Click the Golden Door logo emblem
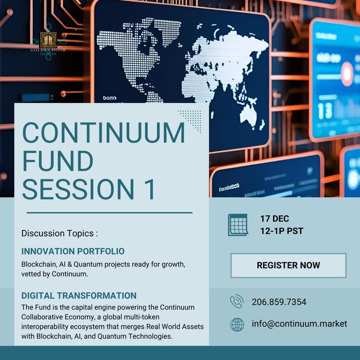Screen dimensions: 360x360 (48, 40)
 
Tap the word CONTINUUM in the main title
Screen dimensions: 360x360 (103, 133)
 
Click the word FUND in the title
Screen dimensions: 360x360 (58, 160)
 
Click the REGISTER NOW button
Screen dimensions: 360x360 (288, 265)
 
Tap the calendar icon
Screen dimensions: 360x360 (238, 225)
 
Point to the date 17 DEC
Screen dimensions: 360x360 (274, 219)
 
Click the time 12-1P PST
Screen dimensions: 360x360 (282, 231)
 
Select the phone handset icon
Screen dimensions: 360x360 (237, 301)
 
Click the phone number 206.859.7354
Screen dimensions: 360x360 (279, 302)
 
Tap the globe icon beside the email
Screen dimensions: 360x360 (237, 324)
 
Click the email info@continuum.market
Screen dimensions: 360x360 (299, 324)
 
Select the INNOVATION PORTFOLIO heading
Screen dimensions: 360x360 (73, 251)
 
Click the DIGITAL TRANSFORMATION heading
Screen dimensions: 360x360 (79, 296)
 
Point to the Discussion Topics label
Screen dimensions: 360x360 (59, 234)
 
